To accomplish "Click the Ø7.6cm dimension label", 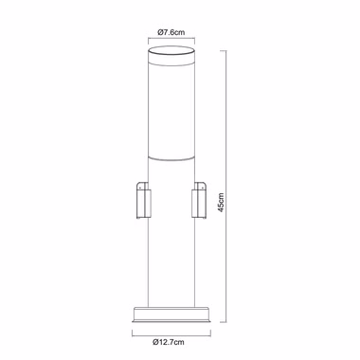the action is click(x=171, y=32).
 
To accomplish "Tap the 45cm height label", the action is click(x=221, y=203).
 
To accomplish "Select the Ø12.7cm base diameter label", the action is click(x=169, y=342).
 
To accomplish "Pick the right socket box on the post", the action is click(x=199, y=200).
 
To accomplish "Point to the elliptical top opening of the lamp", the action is click(x=171, y=50).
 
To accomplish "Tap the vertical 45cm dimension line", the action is click(x=226, y=187).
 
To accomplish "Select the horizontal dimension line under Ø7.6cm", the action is click(x=171, y=39).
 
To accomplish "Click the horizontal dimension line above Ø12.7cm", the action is click(x=171, y=333).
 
